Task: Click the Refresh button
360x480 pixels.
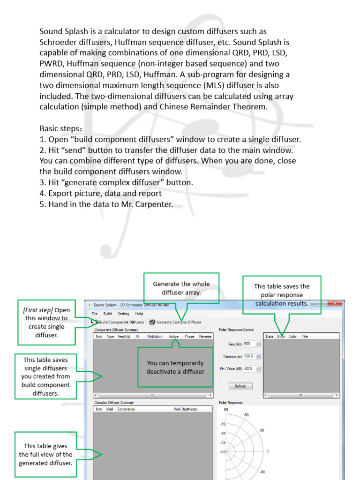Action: (240, 386)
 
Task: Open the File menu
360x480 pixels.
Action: (95, 314)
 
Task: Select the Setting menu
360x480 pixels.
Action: (123, 314)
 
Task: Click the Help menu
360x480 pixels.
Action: (139, 314)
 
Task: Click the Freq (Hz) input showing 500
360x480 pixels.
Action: (250, 344)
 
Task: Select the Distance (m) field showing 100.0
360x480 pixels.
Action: (249, 356)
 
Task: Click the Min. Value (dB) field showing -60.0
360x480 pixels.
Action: (249, 369)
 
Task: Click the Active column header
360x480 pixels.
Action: (174, 337)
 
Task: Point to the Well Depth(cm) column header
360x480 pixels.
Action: (186, 409)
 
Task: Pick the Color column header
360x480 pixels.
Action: (292, 337)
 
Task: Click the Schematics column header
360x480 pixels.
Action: (126, 409)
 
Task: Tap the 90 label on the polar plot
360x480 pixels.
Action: (225, 409)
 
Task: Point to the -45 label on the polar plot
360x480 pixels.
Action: (223, 442)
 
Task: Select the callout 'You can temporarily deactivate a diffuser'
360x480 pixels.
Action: (175, 367)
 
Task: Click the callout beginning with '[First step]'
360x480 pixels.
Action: (46, 322)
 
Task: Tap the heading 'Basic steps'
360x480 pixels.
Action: (60, 128)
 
